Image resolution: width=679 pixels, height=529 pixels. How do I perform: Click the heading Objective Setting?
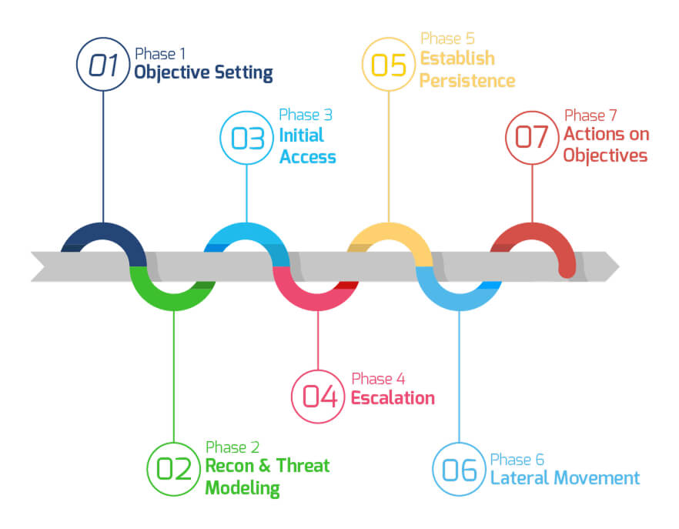tap(203, 73)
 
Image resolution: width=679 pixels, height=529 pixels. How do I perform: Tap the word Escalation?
tap(393, 398)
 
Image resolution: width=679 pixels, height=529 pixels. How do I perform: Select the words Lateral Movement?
tap(565, 478)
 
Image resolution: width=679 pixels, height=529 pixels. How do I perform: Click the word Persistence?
tap(468, 81)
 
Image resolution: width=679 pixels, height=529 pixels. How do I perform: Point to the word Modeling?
tap(242, 488)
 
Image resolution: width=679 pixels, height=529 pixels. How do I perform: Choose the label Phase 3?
tap(306, 115)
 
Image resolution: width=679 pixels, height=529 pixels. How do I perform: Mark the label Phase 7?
tap(590, 116)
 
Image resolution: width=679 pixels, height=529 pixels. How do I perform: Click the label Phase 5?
tap(448, 39)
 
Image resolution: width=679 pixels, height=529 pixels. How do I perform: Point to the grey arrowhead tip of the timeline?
tap(619, 266)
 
